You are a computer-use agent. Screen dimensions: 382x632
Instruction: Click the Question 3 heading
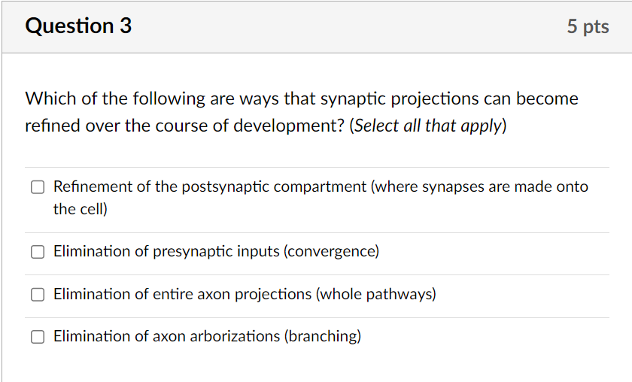tap(78, 26)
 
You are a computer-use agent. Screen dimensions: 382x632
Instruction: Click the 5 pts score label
tap(588, 27)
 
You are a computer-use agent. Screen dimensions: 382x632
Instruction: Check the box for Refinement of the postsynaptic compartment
tap(38, 187)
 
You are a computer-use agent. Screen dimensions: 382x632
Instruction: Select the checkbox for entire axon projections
tap(38, 295)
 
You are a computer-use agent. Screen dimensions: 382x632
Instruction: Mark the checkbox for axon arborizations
tap(38, 337)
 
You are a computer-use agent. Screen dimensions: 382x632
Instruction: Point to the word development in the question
tap(290, 126)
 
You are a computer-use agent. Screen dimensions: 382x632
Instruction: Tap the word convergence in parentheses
tap(330, 252)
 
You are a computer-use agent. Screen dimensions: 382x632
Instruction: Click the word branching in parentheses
tap(322, 336)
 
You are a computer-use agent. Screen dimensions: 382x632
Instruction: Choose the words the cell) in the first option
tap(81, 209)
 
